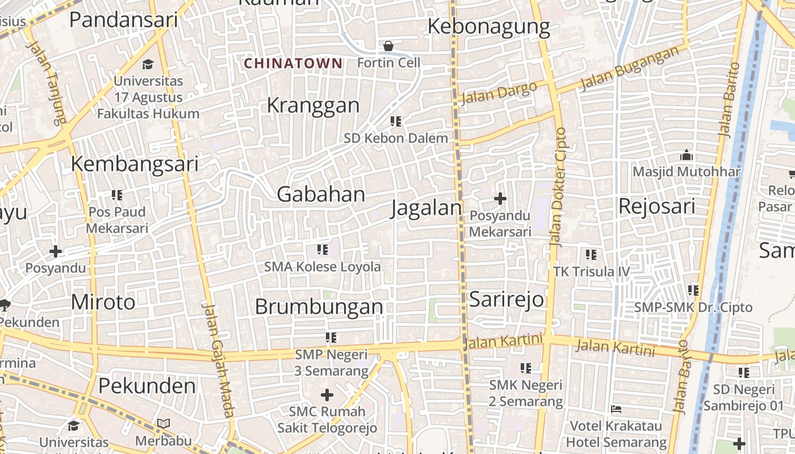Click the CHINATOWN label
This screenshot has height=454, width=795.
(x=293, y=64)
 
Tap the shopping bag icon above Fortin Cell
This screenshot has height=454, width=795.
(x=388, y=45)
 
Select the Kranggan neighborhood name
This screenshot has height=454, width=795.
(x=313, y=106)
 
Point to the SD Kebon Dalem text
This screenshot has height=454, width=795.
(x=396, y=138)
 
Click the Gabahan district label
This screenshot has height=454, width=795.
(x=321, y=195)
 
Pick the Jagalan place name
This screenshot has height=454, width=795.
(x=426, y=208)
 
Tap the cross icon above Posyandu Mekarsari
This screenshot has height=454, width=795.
(x=500, y=199)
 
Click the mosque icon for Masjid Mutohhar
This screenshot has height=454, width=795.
(x=687, y=155)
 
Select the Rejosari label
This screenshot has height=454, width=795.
(x=656, y=206)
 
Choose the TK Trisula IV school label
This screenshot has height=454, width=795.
(x=592, y=272)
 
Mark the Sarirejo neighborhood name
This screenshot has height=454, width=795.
(x=507, y=300)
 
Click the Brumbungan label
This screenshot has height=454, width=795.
(x=319, y=307)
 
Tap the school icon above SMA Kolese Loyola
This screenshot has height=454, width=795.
(x=323, y=250)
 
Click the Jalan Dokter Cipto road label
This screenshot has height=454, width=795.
(x=558, y=187)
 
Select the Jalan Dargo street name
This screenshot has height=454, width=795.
(x=499, y=93)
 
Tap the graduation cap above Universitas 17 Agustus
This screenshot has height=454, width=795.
(x=148, y=64)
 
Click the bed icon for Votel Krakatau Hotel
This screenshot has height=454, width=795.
(x=616, y=409)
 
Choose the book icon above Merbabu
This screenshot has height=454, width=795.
(x=164, y=423)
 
